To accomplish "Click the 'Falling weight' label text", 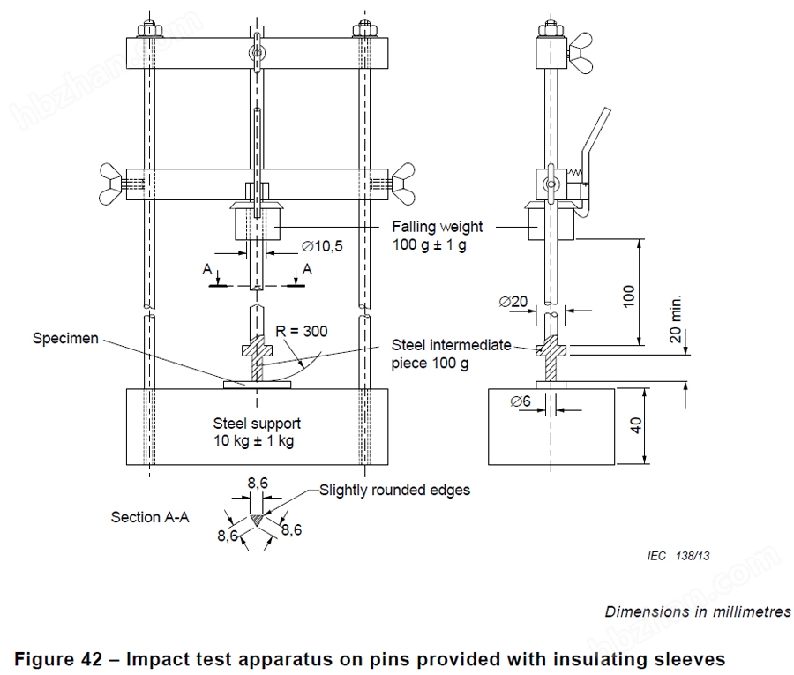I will pyautogui.click(x=438, y=227).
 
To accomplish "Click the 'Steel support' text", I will pyautogui.click(x=257, y=424).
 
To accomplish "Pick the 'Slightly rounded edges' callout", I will pyautogui.click(x=395, y=490).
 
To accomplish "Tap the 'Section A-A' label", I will pyautogui.click(x=150, y=517).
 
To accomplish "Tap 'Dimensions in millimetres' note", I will pyautogui.click(x=698, y=611).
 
